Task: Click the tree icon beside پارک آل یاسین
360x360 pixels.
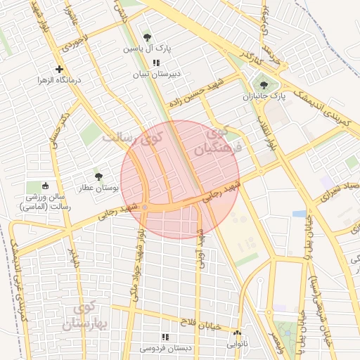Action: tap(146, 37)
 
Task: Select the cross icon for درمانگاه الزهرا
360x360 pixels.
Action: tap(60, 69)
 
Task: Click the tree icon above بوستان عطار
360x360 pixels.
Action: tap(98, 176)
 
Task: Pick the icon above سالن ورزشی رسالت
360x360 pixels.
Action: tap(46, 186)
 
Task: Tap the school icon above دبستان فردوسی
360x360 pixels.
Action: tap(166, 337)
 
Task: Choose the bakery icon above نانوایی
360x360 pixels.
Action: tap(237, 333)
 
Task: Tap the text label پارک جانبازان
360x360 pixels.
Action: tap(269, 96)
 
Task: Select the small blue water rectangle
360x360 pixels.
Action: tap(299, 213)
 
